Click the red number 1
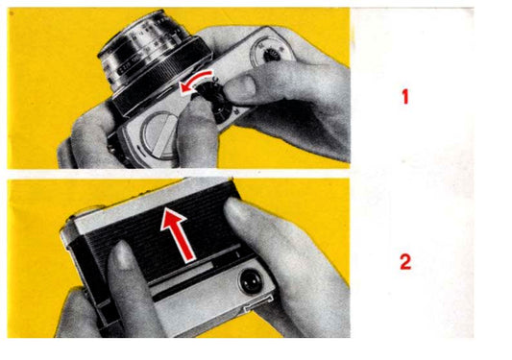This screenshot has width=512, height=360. click(x=405, y=97)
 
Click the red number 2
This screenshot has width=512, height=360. click(x=405, y=262)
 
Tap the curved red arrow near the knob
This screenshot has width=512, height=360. click(x=196, y=81)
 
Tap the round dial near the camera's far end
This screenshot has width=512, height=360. click(x=268, y=52)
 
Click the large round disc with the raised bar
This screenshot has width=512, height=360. click(x=160, y=135)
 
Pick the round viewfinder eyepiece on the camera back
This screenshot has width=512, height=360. click(x=251, y=280)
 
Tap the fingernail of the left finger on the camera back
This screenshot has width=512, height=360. click(x=122, y=255)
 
